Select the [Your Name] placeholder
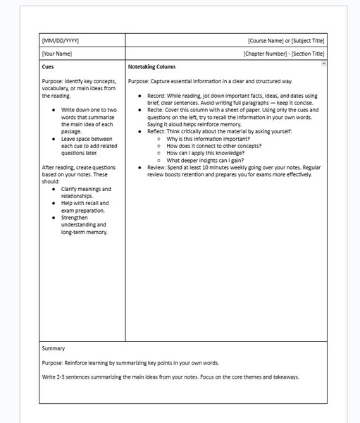[56, 54]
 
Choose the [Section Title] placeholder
[308, 54]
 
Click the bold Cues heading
[49, 66]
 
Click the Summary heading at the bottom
[54, 348]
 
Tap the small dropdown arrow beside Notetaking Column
[323, 63]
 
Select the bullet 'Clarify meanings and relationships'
[86, 192]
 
